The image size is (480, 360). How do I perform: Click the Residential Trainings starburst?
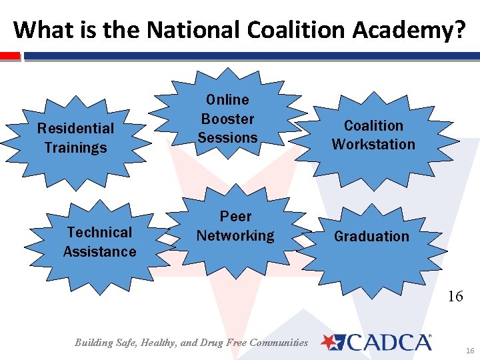pos(75,137)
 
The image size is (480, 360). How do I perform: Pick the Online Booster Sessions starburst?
pos(227,118)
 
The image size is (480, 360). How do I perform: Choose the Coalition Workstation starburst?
pos(373,135)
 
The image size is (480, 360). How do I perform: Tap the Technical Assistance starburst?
pos(100,241)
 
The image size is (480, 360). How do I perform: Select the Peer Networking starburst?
pos(235,226)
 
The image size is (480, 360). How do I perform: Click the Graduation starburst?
pos(372,237)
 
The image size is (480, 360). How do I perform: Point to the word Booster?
pos(228,119)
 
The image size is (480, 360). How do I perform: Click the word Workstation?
pos(373,144)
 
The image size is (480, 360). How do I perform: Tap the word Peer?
pos(235,217)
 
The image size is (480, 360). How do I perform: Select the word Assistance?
pos(100,251)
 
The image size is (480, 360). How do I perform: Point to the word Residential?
pos(75,128)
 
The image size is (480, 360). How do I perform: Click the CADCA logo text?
pos(389,343)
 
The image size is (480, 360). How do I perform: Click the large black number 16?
pos(455,296)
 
